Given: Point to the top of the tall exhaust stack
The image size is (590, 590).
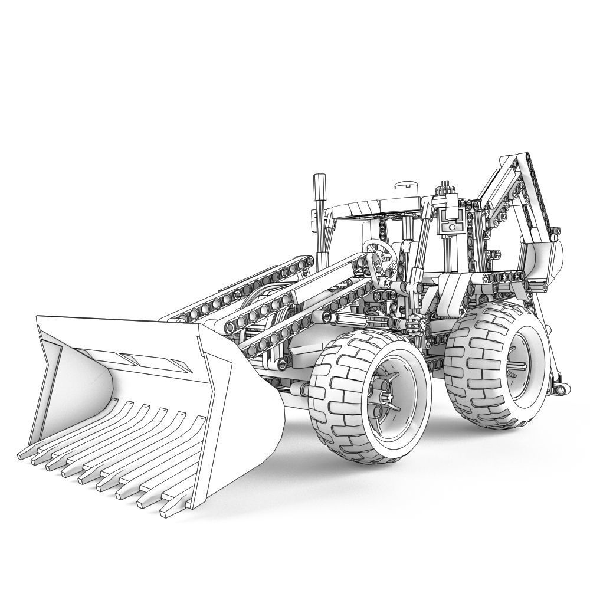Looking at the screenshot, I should (319, 179).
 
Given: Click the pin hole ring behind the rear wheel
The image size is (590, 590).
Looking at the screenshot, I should (558, 386).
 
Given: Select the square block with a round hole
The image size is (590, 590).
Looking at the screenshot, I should (451, 225).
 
